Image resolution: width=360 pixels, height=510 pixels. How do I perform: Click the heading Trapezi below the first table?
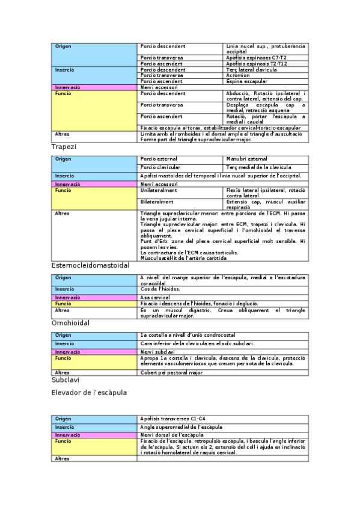click(64, 146)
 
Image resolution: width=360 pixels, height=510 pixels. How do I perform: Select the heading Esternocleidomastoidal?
click(90, 265)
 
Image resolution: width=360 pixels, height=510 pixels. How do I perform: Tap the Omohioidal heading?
click(70, 323)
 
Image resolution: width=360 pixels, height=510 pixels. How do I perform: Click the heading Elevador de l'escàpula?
click(90, 393)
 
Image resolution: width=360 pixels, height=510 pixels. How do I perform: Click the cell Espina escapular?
click(249, 81)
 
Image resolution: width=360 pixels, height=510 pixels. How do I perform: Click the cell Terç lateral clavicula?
click(252, 70)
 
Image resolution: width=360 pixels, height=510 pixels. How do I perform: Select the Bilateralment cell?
click(157, 202)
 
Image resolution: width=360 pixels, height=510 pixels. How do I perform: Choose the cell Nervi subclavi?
click(157, 352)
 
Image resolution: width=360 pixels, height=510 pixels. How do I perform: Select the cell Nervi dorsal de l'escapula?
click(172, 434)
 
